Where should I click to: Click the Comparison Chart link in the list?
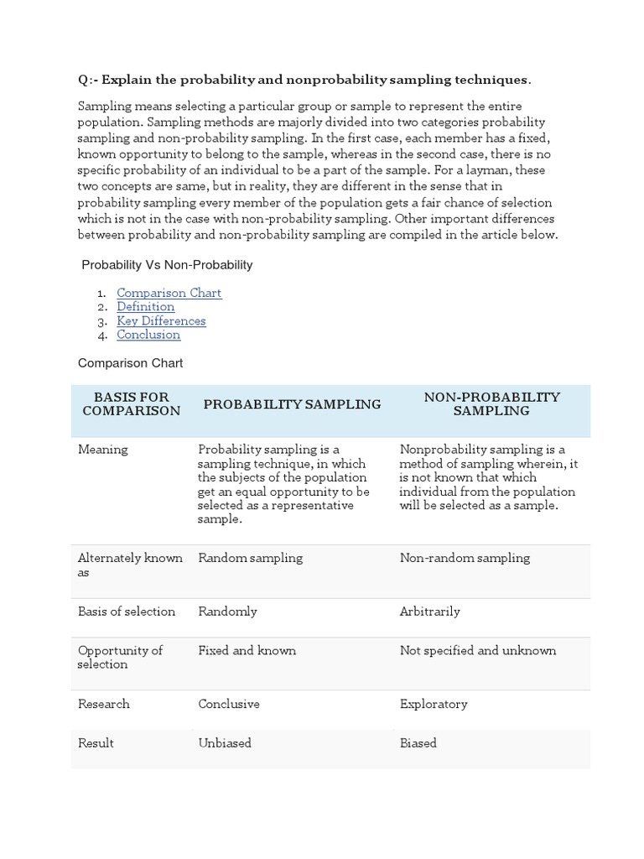169,293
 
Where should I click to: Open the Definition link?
145,307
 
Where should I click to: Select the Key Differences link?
161,320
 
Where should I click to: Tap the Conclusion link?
148,335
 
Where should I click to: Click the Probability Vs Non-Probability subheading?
167,265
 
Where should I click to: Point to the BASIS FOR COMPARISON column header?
132,403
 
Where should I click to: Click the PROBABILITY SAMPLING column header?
292,404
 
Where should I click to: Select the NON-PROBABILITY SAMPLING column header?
491,403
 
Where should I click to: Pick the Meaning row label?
103,450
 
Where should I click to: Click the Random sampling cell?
250,558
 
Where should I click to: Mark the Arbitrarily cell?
430,612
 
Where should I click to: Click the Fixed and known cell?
247,650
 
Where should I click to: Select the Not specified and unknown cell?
478,650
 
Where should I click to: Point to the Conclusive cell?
229,704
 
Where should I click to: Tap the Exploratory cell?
434,704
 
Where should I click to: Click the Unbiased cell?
225,743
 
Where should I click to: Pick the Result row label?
96,743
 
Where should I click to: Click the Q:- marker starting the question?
87,80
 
